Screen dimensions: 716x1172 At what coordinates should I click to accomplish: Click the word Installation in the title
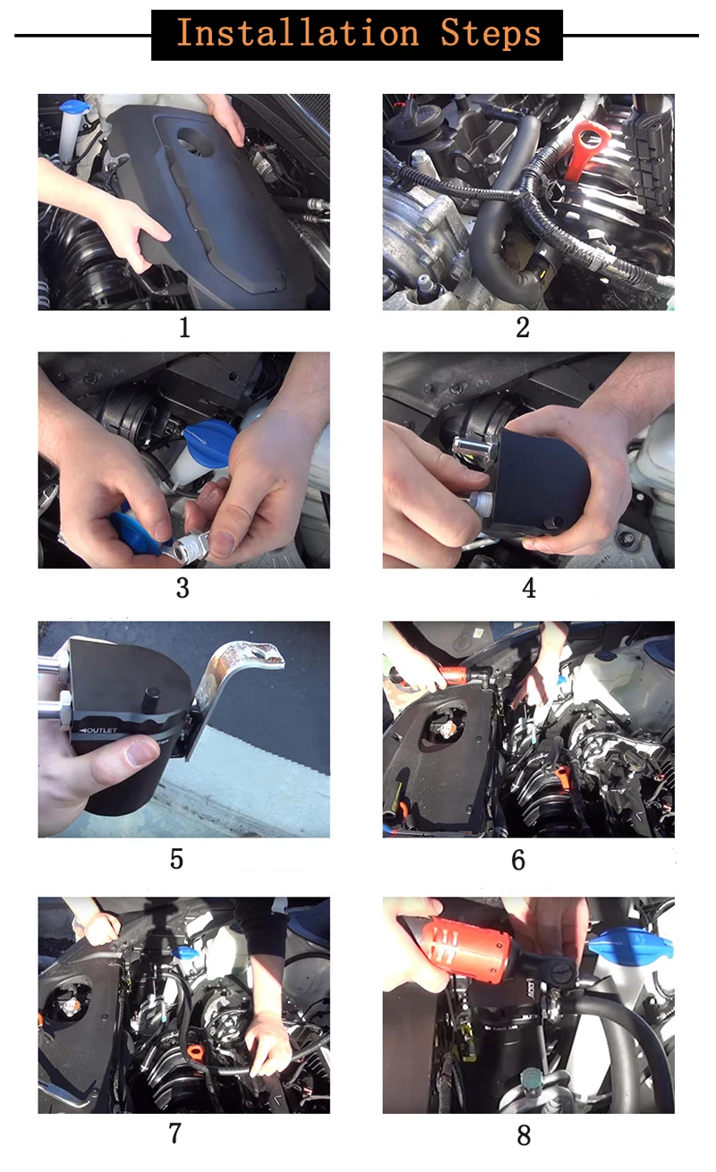[x=298, y=33]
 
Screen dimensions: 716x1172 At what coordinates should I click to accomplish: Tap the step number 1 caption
[x=184, y=327]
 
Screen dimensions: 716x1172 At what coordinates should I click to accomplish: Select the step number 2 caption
[x=523, y=327]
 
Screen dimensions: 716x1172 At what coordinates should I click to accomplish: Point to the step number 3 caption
[x=183, y=588]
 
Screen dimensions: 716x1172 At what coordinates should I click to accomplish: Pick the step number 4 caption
[x=529, y=588]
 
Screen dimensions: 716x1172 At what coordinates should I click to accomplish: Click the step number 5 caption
[x=176, y=859]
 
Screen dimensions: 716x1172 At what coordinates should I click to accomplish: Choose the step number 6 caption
[x=518, y=860]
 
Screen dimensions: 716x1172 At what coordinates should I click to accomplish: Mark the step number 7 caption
[x=175, y=1134]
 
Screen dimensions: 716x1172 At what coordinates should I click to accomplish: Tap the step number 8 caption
[x=524, y=1135]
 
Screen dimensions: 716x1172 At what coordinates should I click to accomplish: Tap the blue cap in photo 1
[x=73, y=107]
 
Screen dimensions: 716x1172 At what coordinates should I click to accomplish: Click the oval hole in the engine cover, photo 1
[x=195, y=141]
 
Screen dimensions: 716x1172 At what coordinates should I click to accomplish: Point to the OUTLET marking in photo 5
[x=98, y=730]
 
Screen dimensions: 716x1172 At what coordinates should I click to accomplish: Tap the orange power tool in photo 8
[x=465, y=949]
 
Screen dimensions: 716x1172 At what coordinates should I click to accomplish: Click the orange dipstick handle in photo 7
[x=194, y=1050]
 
